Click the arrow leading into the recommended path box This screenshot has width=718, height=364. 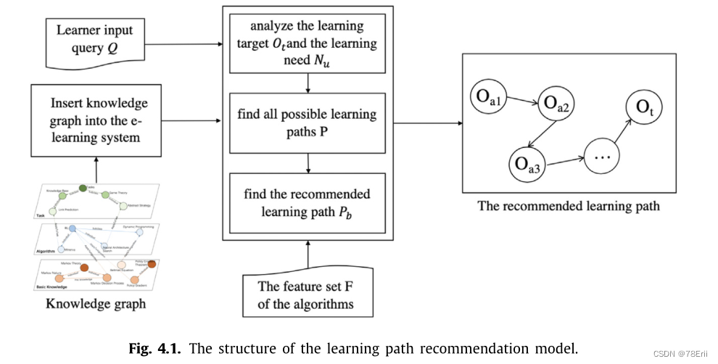click(428, 123)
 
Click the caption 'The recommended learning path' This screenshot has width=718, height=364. click(568, 206)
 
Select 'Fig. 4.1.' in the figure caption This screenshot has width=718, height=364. click(157, 348)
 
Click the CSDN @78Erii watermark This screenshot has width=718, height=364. click(679, 353)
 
